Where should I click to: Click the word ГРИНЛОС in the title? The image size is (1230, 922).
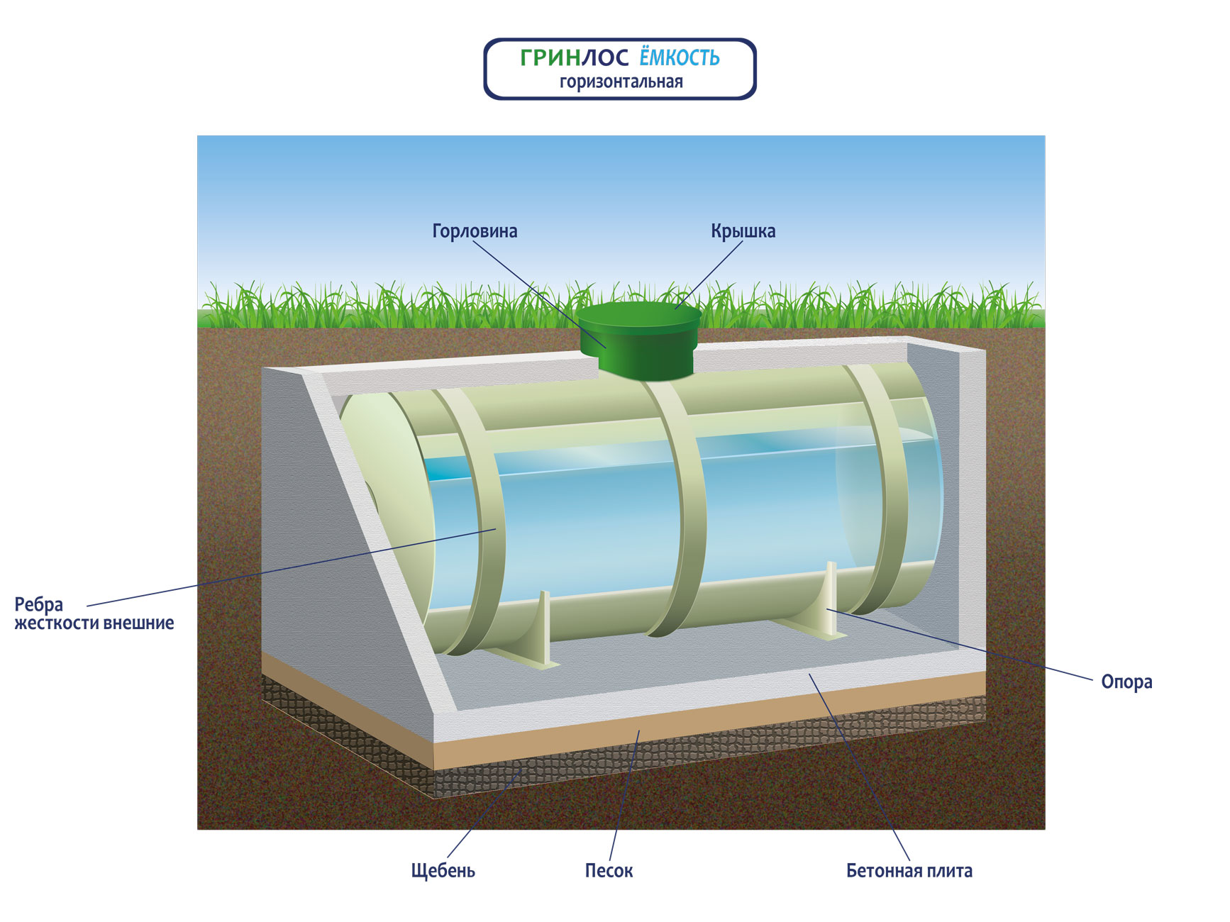click(x=574, y=57)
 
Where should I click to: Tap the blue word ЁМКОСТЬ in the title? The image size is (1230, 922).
click(x=680, y=57)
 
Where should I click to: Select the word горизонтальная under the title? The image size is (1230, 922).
click(x=621, y=82)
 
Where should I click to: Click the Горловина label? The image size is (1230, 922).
click(x=475, y=231)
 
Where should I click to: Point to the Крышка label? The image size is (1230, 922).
click(x=743, y=231)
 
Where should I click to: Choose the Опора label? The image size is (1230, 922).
click(x=1126, y=682)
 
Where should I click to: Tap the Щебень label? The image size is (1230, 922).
click(x=443, y=871)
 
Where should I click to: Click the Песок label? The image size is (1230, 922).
click(x=609, y=871)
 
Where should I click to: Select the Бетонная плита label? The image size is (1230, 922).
click(x=909, y=871)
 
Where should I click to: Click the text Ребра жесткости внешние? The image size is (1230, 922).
click(x=94, y=614)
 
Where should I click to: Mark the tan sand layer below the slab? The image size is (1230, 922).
click(x=709, y=731)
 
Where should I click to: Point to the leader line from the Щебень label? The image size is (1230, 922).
click(x=482, y=816)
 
